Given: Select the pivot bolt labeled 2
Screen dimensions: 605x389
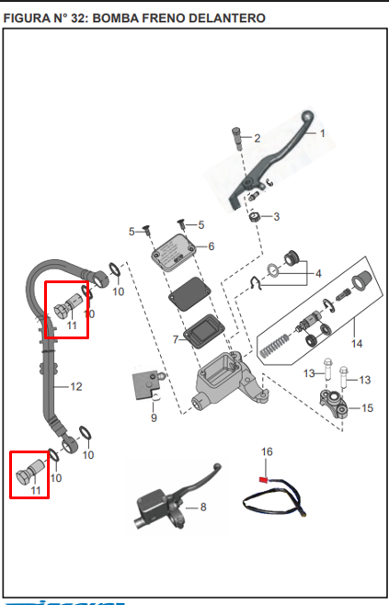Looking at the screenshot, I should tap(236, 137).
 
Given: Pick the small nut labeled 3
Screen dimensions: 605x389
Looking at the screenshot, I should tap(254, 217).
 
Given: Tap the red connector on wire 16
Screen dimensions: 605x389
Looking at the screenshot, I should tap(265, 478).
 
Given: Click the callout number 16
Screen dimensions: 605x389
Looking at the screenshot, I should tap(268, 451).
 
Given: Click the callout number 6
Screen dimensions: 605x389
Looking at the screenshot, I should tap(211, 246).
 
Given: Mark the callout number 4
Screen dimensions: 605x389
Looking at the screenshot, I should tap(317, 274).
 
